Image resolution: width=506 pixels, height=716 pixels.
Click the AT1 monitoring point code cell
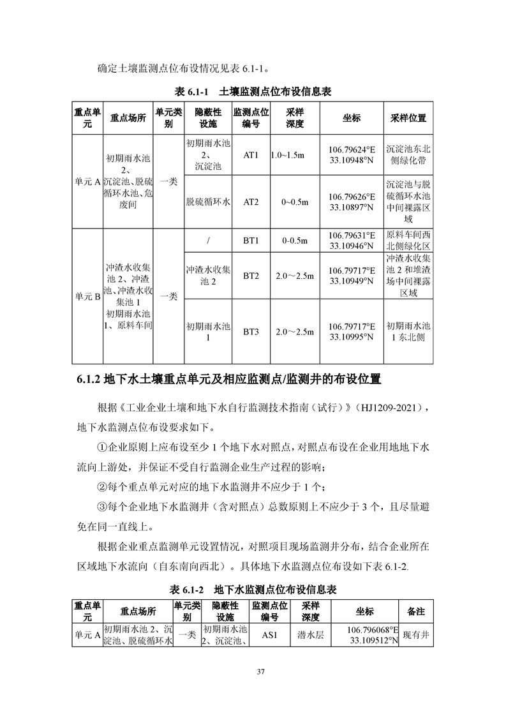[x=250, y=154]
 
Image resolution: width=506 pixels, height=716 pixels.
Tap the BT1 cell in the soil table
[x=250, y=241]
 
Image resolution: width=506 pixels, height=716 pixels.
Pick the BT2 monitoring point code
[x=250, y=276]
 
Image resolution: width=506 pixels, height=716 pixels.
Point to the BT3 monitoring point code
[x=250, y=332]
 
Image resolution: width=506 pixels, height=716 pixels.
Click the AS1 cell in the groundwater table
[x=267, y=635]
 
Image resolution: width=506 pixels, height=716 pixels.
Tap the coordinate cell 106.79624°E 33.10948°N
[x=352, y=154]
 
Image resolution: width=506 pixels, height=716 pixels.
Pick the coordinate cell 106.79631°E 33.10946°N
[x=352, y=241]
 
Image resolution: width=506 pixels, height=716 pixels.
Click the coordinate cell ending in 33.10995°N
[x=352, y=332]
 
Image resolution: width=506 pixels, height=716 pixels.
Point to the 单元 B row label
[x=88, y=297]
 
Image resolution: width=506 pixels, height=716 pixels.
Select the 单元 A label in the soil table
[x=88, y=182]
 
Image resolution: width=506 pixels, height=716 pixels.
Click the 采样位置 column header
[x=408, y=118]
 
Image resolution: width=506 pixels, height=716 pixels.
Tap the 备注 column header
[x=415, y=611]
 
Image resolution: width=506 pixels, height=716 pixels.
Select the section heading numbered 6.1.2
[x=228, y=380]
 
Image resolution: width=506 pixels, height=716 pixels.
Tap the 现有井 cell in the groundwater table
[x=416, y=636]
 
